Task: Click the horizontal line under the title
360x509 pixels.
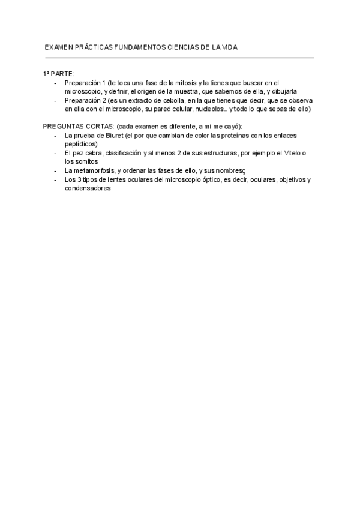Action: point(179,58)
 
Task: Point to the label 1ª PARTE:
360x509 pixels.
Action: point(58,73)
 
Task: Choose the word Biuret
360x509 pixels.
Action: point(105,136)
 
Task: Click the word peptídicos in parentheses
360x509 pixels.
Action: point(80,144)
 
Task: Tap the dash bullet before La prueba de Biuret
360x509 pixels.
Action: point(55,136)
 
